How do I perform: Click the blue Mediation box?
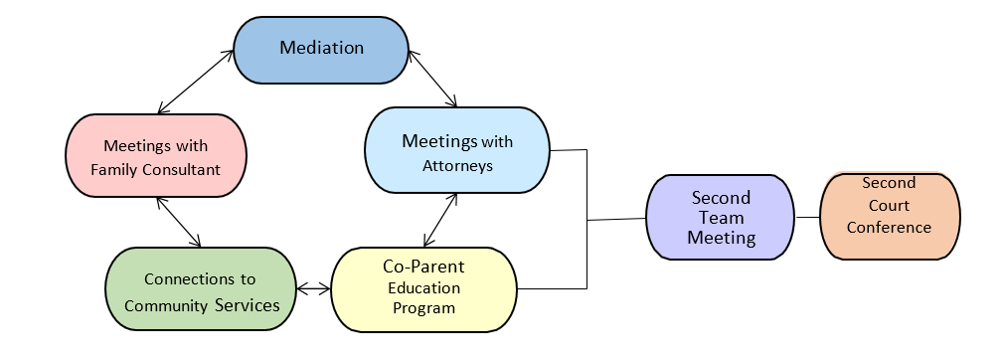pos(320,48)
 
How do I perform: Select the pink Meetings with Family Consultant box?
pos(155,157)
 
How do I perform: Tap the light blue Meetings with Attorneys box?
pos(456,150)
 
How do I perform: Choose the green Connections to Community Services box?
pos(202,291)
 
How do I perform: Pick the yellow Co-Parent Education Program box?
pos(423,286)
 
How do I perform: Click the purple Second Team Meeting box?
pos(720,218)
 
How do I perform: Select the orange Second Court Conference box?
pos(890,216)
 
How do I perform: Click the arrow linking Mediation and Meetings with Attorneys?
pos(431,78)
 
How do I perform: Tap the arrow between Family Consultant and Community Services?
pos(179,223)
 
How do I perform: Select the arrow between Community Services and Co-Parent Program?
pos(313,289)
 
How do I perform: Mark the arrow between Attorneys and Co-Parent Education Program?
pos(440,220)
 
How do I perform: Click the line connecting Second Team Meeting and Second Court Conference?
pos(807,217)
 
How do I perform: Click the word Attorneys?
pos(456,165)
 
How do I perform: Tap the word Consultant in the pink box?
pos(183,170)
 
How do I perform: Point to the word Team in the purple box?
pos(721,218)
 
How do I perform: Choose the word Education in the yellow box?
pos(422,288)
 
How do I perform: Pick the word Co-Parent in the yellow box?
pos(423,267)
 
